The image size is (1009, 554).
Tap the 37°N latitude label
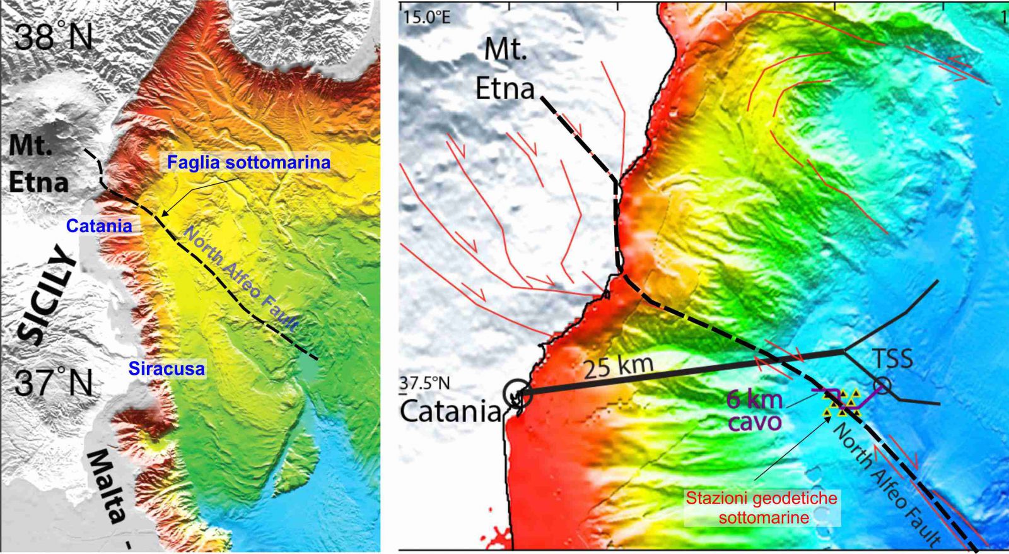(x=54, y=382)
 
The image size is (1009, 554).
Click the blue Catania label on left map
(x=99, y=226)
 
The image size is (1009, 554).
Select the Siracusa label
(x=167, y=368)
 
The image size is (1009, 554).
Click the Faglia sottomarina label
(x=248, y=163)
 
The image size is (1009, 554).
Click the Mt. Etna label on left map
(x=38, y=164)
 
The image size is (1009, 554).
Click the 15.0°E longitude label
(x=426, y=17)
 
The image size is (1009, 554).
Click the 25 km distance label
(x=618, y=367)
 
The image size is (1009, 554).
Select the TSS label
(x=892, y=358)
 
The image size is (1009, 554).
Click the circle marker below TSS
(x=882, y=386)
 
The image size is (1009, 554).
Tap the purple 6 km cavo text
(x=754, y=410)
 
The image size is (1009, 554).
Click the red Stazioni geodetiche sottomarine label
(x=762, y=508)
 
